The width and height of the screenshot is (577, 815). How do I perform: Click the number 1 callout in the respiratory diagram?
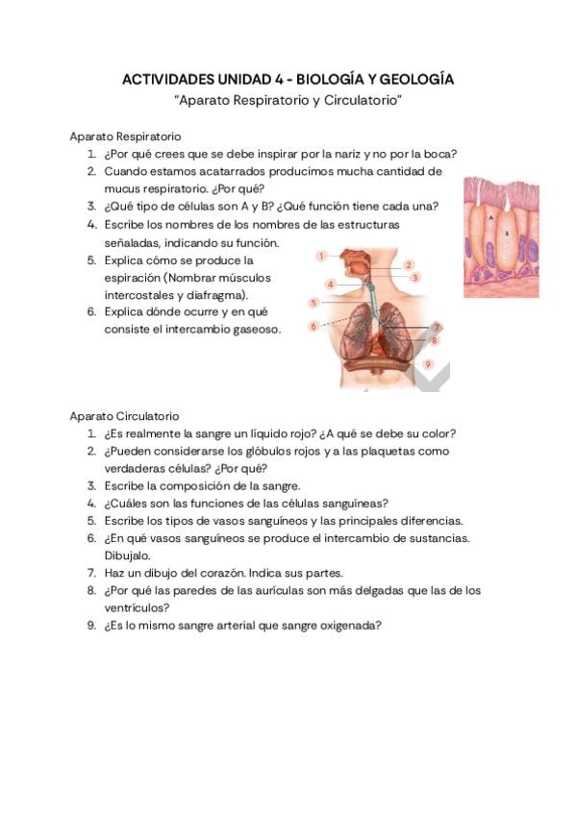321,256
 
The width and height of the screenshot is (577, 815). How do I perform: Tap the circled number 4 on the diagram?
330,284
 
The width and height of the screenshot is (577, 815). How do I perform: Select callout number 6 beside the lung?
314,327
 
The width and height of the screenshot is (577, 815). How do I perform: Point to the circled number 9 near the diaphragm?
428,364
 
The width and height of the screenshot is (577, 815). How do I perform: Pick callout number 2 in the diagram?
409,264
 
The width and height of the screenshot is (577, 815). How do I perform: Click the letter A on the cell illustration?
489,219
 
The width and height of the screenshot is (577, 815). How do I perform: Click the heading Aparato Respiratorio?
126,136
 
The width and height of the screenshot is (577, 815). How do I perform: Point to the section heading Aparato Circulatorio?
124,415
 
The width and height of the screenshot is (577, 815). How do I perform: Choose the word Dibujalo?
128,555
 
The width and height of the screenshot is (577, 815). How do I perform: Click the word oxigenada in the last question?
349,625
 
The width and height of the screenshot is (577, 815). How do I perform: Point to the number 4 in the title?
261,79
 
